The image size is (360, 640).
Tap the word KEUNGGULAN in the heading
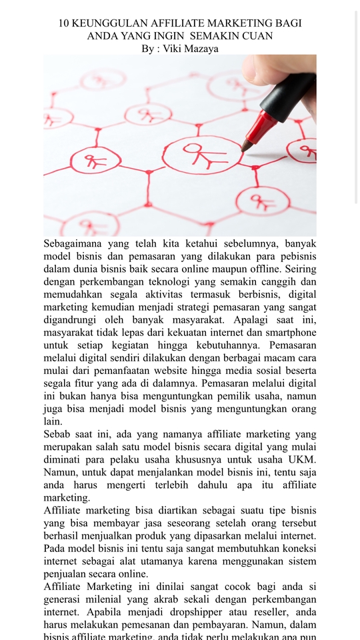pyautogui.click(x=114, y=23)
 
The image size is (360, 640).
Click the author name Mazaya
pyautogui.click(x=199, y=48)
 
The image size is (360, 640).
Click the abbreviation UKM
pyautogui.click(x=302, y=459)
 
